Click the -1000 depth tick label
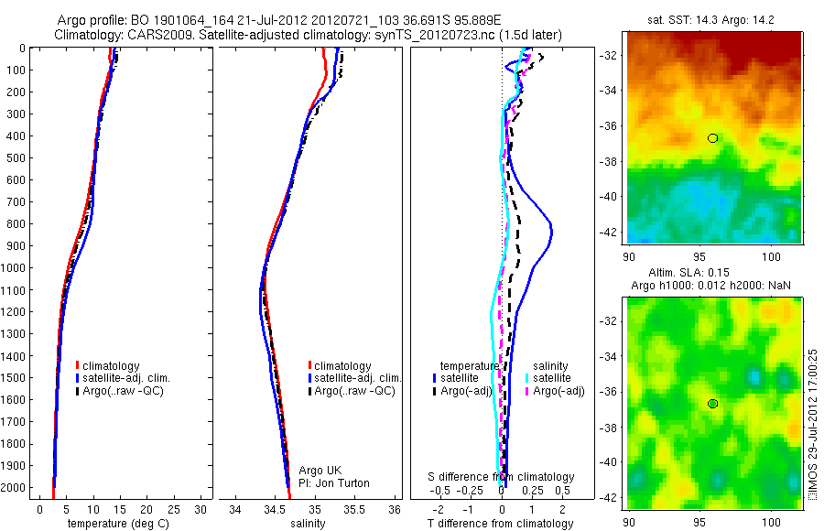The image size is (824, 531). (x=14, y=268)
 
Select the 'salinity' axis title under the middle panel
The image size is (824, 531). (x=308, y=524)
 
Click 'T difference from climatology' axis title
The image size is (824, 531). (x=502, y=524)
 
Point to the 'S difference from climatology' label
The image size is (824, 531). (x=502, y=477)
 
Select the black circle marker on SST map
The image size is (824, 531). (x=713, y=138)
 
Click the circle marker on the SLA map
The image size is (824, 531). (x=713, y=404)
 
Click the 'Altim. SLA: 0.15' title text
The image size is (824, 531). (x=713, y=273)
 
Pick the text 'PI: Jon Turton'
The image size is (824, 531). (x=335, y=482)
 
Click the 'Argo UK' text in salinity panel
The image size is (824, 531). (x=320, y=471)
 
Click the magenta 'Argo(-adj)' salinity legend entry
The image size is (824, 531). (x=559, y=391)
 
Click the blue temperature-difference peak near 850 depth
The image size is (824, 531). (x=551, y=235)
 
